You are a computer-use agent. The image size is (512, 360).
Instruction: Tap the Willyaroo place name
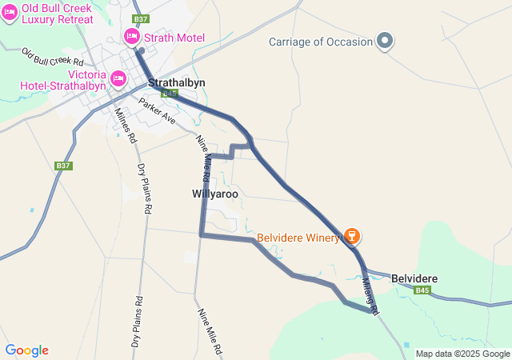[215, 194]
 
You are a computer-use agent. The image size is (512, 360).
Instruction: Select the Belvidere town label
[414, 278]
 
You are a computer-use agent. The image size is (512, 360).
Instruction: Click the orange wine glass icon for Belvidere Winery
[350, 236]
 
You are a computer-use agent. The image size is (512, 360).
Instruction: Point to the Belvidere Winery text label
[298, 238]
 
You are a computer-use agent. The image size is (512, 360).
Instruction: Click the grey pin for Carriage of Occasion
[385, 41]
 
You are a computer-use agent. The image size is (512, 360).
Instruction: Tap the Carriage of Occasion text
[321, 42]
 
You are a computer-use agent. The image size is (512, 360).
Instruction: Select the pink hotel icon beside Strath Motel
[131, 37]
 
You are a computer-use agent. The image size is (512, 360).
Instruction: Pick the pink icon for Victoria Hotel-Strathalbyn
[118, 78]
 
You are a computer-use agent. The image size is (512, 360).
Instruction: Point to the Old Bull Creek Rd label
[53, 57]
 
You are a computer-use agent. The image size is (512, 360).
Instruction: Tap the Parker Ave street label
[157, 110]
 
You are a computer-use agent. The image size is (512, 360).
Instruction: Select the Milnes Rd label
[124, 126]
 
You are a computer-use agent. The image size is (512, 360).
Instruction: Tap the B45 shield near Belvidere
[423, 290]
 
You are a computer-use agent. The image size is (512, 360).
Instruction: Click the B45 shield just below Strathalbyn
[169, 94]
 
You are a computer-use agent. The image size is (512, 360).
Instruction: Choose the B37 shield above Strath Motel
[141, 18]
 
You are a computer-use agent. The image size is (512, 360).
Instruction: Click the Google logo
[26, 350]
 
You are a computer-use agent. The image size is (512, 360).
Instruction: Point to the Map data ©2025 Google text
[462, 354]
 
